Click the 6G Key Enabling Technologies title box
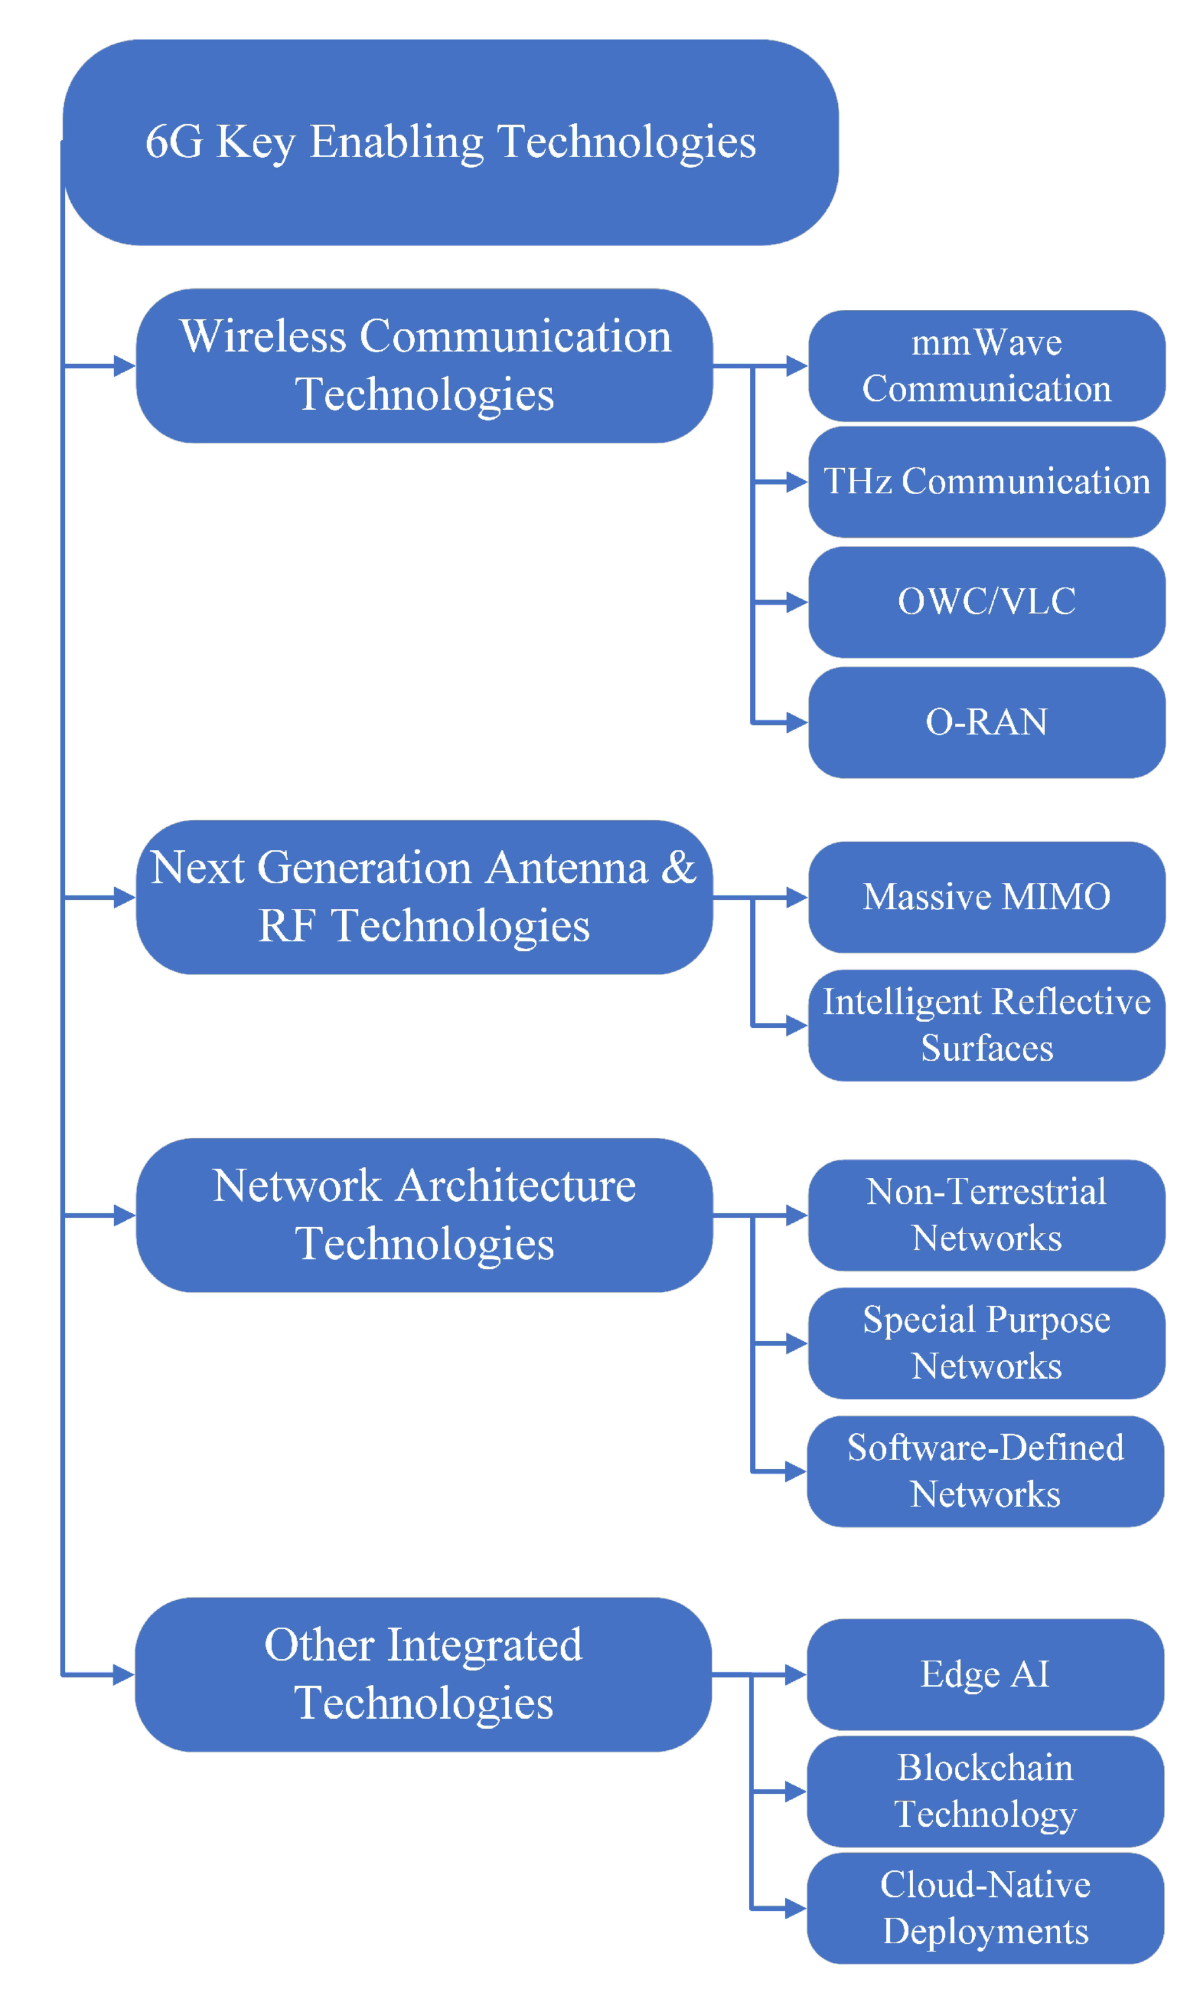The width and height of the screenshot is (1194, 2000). point(451,143)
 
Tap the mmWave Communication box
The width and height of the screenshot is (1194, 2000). point(987,366)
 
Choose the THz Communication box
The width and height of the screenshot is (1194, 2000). point(987,481)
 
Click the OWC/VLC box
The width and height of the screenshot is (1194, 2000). point(987,601)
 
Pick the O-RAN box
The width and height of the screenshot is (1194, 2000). point(987,722)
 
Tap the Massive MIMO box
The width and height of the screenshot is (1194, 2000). point(987,896)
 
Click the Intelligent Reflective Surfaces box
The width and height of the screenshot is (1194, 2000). point(987,1024)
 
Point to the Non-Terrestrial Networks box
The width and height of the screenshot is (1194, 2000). point(987,1214)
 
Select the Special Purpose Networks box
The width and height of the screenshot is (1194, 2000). point(987,1342)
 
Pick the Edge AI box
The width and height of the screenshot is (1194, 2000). point(985,1674)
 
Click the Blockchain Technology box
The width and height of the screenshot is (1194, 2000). point(985,1791)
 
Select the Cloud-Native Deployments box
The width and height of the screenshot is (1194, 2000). point(985,1907)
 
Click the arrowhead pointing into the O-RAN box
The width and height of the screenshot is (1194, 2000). point(797,722)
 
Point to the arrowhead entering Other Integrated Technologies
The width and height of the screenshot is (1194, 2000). point(124,1675)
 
